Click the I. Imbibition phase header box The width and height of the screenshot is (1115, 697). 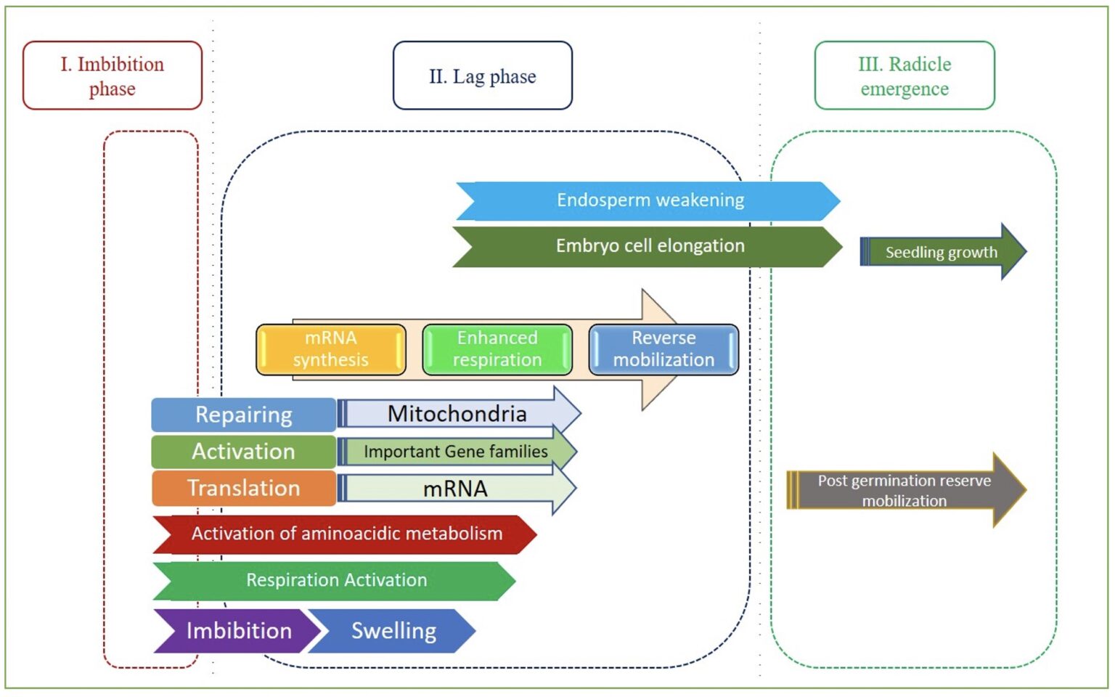pyautogui.click(x=113, y=76)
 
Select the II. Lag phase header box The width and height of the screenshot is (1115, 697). pyautogui.click(x=482, y=76)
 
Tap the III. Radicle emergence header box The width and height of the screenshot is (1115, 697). pyautogui.click(x=904, y=76)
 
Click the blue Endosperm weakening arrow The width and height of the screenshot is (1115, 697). pyautogui.click(x=649, y=200)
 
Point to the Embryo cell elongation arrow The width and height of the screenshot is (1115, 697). pyautogui.click(x=649, y=246)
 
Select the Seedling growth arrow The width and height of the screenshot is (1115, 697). pyautogui.click(x=941, y=252)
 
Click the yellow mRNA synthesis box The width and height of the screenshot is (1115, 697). pyautogui.click(x=331, y=349)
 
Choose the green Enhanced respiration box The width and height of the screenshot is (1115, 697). pyautogui.click(x=497, y=349)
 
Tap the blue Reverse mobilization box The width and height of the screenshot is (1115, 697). pyautogui.click(x=663, y=349)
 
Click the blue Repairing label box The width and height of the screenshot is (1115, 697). pyautogui.click(x=244, y=415)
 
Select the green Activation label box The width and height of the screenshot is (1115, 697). pyautogui.click(x=244, y=452)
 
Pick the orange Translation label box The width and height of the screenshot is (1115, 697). pyautogui.click(x=244, y=488)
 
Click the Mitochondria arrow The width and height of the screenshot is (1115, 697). pyautogui.click(x=457, y=414)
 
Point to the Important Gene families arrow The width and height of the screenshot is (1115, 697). pyautogui.click(x=456, y=452)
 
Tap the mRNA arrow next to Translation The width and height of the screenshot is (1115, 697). pyautogui.click(x=456, y=489)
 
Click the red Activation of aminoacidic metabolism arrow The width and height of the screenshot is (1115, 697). pyautogui.click(x=346, y=534)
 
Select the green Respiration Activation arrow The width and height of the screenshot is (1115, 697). pyautogui.click(x=336, y=581)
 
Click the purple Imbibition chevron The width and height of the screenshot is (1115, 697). pyautogui.click(x=236, y=631)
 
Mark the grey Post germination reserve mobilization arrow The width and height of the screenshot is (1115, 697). pyautogui.click(x=904, y=490)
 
